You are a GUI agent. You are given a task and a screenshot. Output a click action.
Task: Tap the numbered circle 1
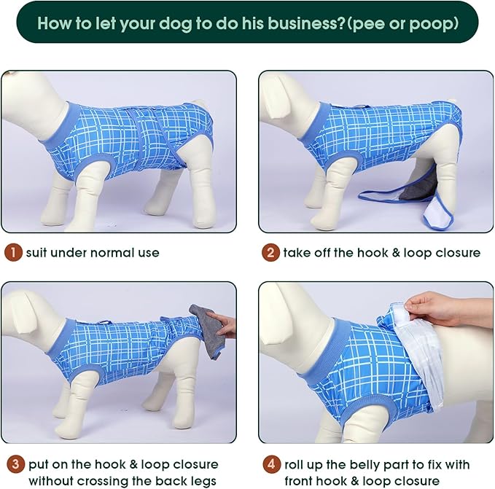coord(13,254)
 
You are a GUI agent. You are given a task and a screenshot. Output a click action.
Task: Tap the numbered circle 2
coord(270,254)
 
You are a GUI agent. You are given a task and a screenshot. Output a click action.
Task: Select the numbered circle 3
coord(13,464)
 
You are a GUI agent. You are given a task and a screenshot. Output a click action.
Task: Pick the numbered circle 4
coord(270,464)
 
